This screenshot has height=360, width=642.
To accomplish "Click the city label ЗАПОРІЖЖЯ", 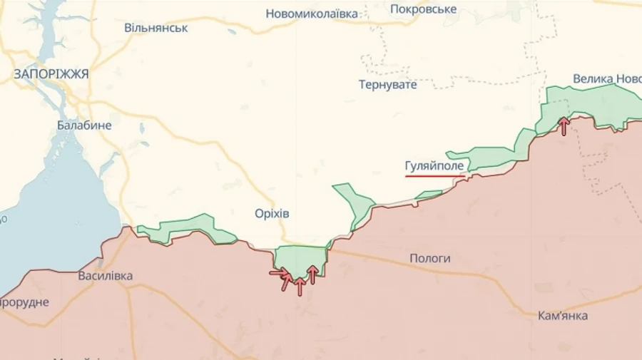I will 51,73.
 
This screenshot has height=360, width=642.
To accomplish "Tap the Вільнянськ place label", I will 156,28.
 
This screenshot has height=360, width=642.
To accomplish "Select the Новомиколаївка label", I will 312,14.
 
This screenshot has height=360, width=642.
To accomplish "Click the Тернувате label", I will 387,84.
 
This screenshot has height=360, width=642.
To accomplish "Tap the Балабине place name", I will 84,125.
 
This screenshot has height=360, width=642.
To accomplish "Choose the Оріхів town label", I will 272,214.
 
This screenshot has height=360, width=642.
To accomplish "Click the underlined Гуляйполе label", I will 434,166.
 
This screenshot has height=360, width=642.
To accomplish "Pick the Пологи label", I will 429,258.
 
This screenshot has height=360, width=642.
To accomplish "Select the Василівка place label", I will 105,276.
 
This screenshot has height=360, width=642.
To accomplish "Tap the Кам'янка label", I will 564,315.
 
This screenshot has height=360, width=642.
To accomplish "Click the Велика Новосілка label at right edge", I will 607,78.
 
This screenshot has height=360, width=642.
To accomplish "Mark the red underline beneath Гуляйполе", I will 435,175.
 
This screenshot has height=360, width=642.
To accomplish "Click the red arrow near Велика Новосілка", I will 564,126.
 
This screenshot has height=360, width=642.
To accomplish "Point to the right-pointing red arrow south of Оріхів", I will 279,272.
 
